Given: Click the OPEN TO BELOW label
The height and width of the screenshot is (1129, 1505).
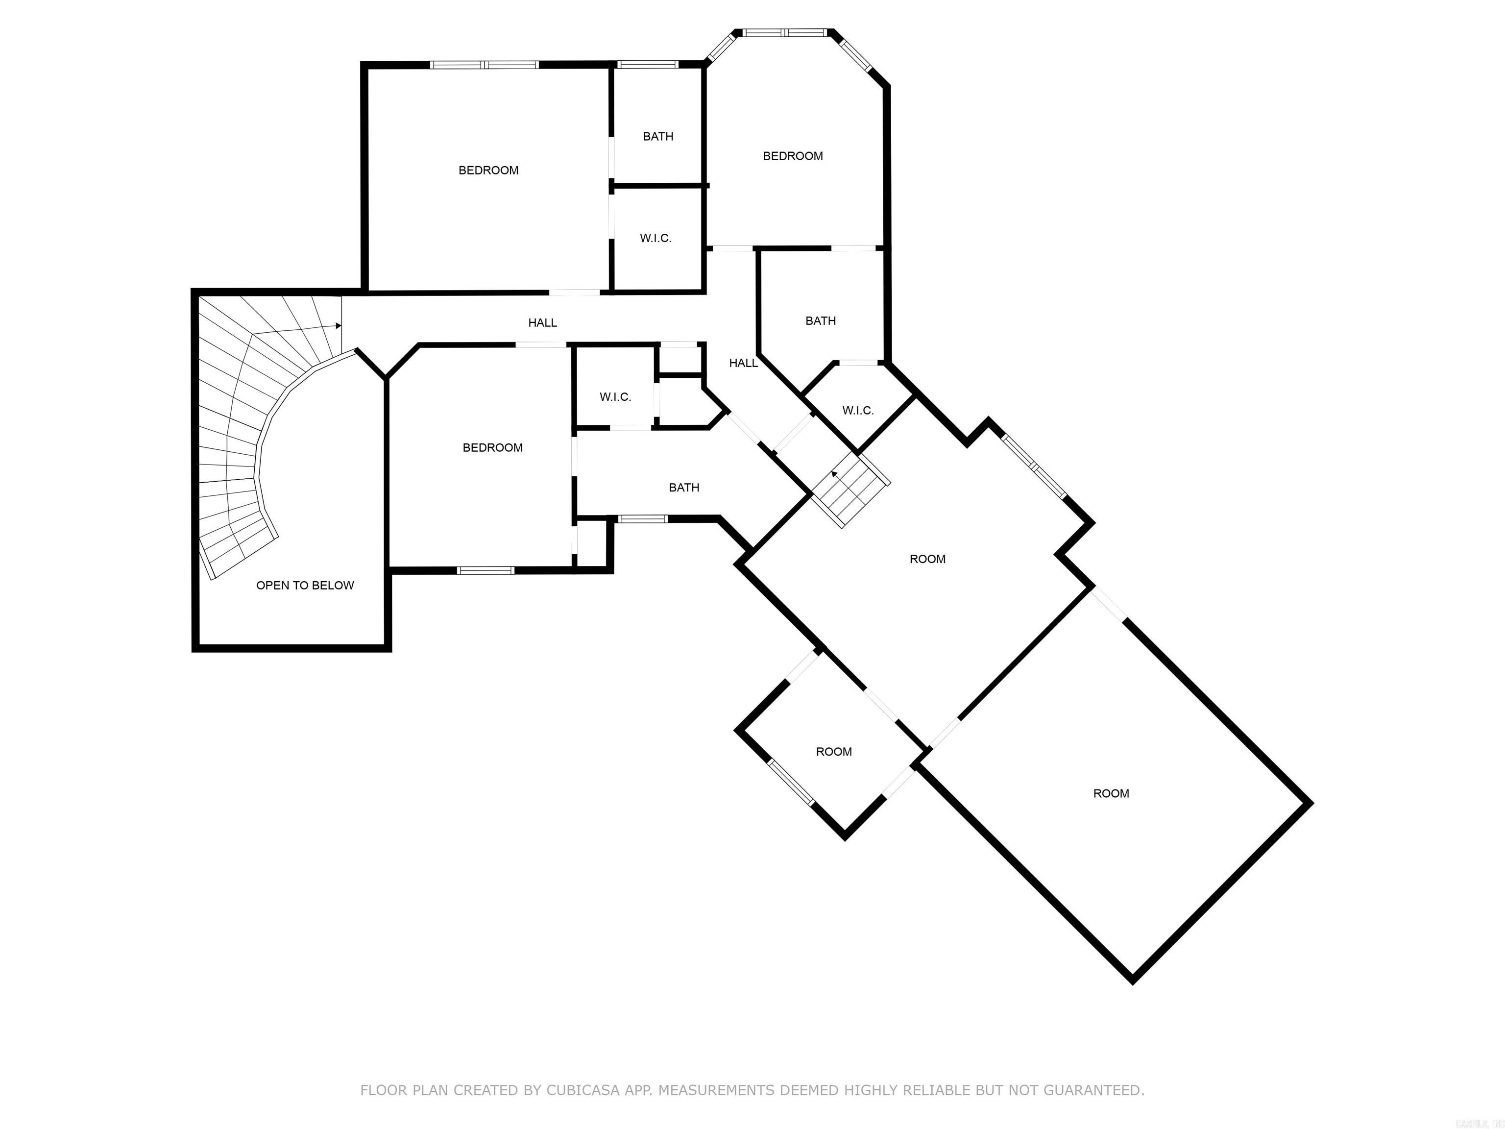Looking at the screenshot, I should click(x=305, y=585).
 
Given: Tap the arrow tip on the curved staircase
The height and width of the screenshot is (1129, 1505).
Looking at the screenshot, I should click(x=339, y=326).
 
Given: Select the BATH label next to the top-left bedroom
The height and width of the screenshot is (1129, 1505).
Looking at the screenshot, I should click(x=658, y=137).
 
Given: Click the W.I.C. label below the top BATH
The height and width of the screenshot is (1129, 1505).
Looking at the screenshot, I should click(x=655, y=238).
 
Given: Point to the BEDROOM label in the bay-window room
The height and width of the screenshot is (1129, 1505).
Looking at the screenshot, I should click(x=793, y=156).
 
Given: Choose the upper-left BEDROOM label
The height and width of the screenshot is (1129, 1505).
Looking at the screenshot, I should click(x=488, y=170).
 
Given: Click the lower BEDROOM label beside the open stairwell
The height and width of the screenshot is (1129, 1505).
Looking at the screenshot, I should click(x=492, y=447).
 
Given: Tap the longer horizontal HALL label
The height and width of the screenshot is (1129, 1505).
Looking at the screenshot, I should click(x=542, y=322).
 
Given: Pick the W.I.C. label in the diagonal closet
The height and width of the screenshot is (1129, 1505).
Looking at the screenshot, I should click(x=857, y=410).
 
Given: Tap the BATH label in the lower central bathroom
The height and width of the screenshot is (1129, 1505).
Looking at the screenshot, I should click(x=684, y=487).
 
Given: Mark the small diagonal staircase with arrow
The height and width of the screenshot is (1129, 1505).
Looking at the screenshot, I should click(x=850, y=490).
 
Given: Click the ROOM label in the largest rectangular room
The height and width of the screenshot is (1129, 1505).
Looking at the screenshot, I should click(x=1111, y=793).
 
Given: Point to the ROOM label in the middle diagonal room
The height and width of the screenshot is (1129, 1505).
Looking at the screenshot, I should click(x=927, y=559).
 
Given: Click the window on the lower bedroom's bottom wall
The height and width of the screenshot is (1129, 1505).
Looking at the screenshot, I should click(x=485, y=570).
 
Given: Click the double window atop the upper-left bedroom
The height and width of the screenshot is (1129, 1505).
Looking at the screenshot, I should click(x=485, y=65).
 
